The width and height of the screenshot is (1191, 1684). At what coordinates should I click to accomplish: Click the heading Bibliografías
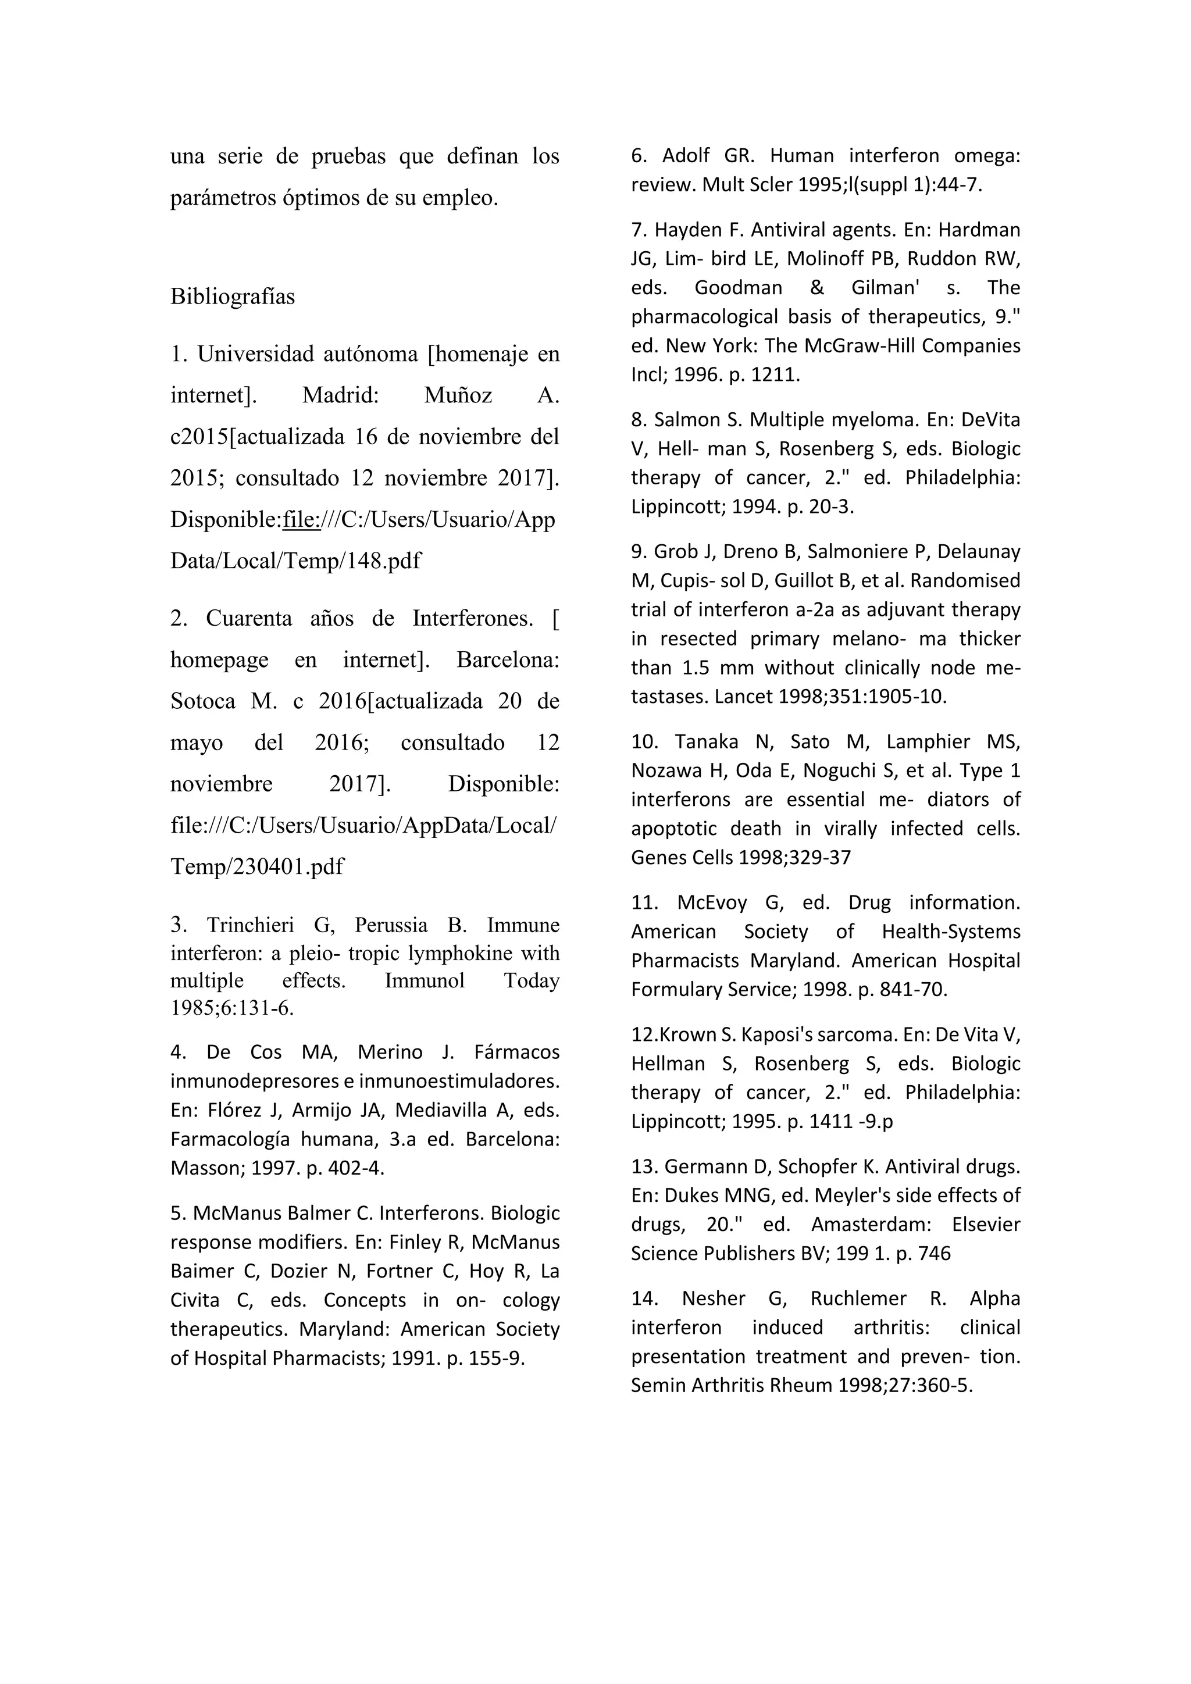[233, 297]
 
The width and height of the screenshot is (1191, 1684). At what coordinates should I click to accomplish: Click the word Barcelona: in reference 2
[508, 660]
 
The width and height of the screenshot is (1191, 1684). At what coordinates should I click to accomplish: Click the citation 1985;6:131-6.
[232, 1008]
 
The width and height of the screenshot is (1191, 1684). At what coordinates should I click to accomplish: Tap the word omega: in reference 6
[986, 155]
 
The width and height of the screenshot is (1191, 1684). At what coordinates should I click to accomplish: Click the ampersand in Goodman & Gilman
[817, 287]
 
